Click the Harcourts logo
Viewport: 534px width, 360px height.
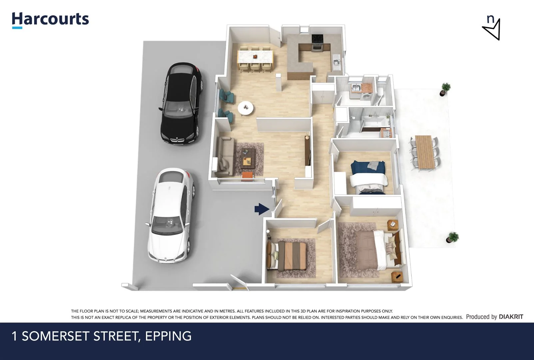tap(51, 19)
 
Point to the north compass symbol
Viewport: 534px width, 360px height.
tap(492, 28)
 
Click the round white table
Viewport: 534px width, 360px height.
tap(246, 108)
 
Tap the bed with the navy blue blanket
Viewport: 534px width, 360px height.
tap(368, 177)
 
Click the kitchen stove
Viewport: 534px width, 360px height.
tap(317, 43)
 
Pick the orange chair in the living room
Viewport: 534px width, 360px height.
tap(247, 176)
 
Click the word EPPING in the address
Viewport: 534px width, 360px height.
tap(168, 336)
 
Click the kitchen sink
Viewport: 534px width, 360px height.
tap(336, 62)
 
